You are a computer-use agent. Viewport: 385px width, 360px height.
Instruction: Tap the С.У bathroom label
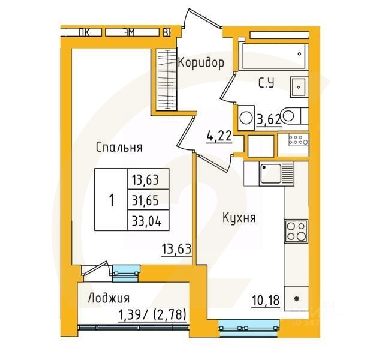[267, 83]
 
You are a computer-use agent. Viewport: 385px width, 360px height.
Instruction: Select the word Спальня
[118, 147]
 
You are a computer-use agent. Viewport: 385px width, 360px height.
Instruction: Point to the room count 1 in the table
[111, 199]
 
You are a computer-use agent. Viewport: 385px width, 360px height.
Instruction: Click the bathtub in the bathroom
[273, 56]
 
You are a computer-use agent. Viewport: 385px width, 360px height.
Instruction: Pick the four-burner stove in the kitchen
[296, 232]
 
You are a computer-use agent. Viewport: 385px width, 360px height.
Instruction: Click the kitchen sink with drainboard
[275, 173]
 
